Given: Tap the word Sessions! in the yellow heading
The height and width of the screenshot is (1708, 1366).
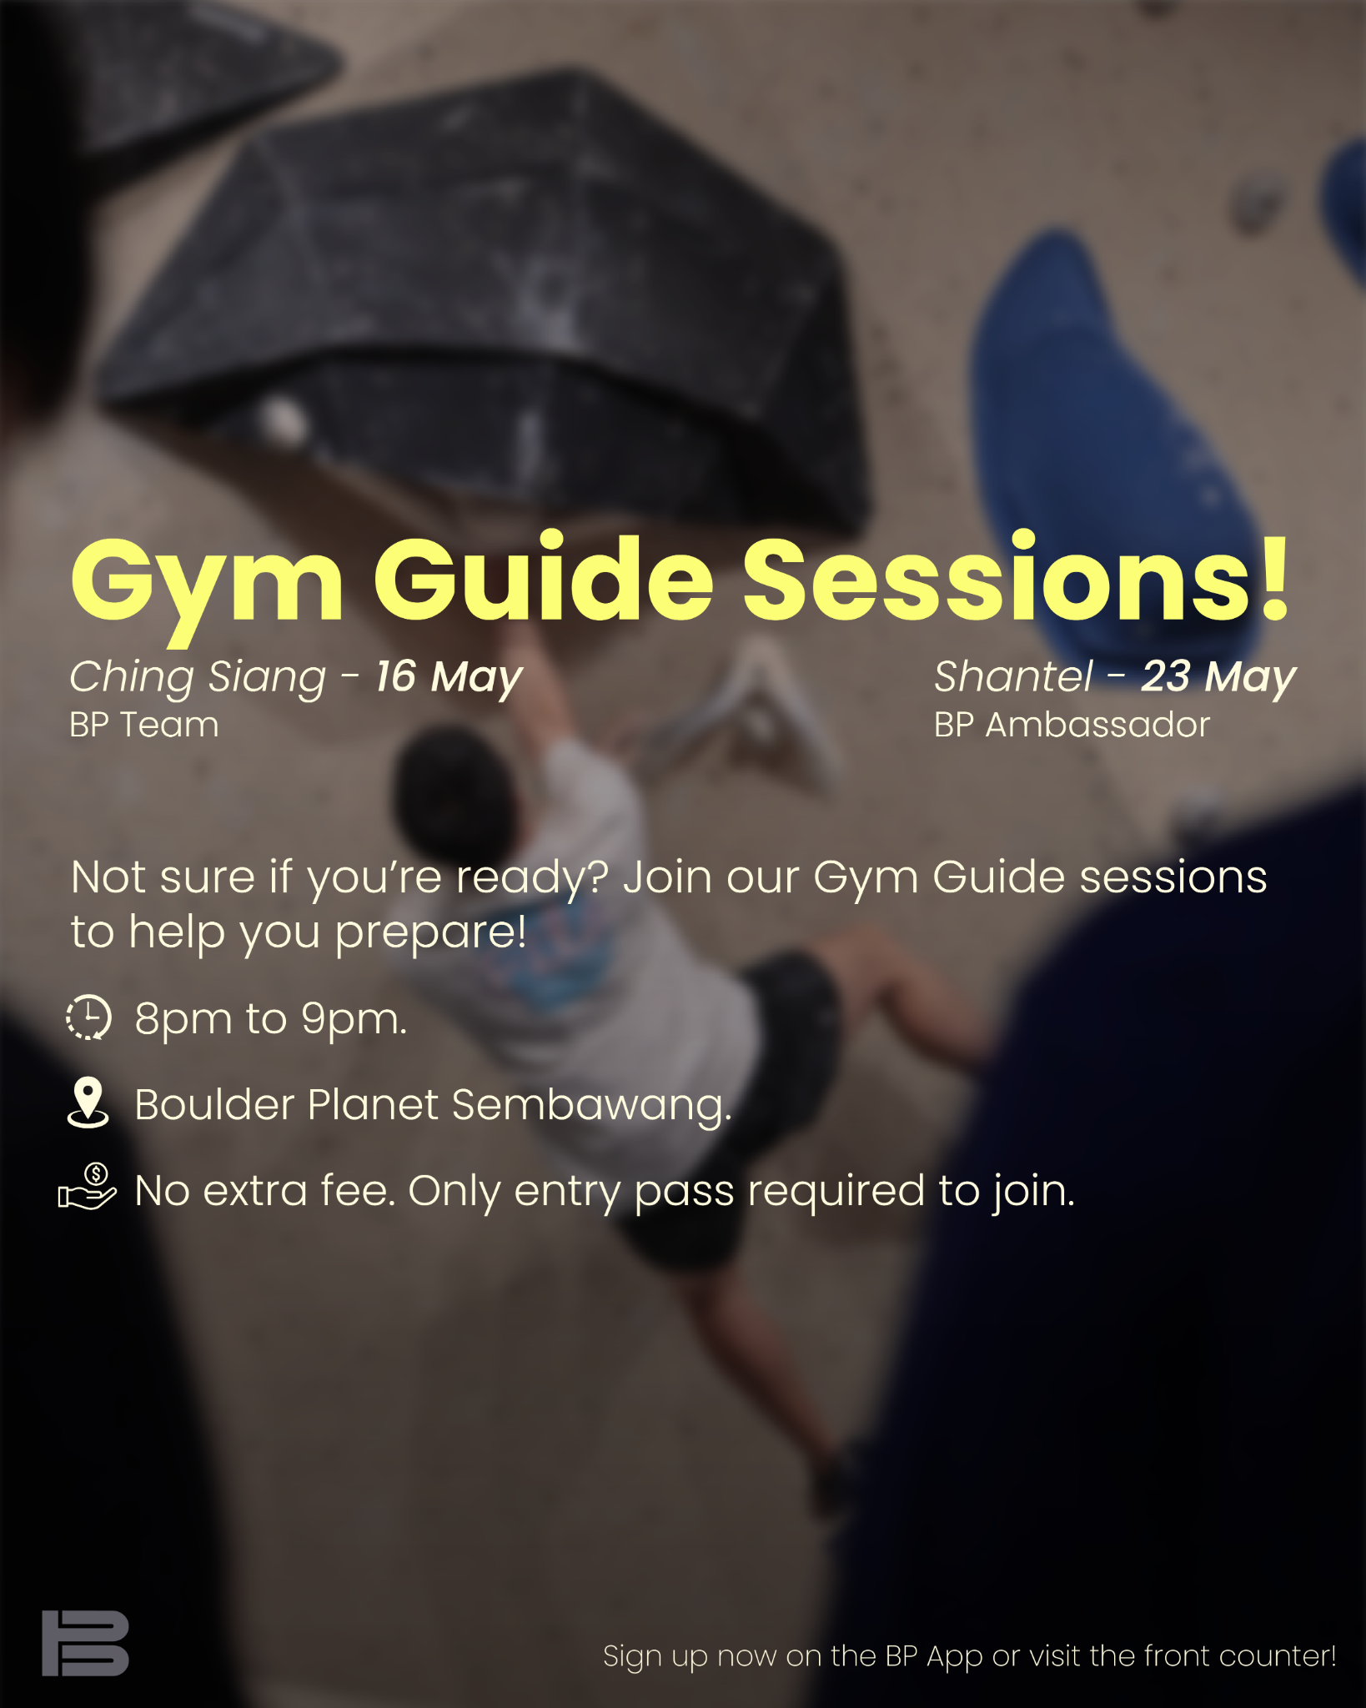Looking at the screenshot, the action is tap(1017, 576).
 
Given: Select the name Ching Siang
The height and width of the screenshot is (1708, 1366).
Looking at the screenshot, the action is tap(198, 678).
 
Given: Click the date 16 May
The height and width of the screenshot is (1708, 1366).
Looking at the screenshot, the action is tap(449, 677).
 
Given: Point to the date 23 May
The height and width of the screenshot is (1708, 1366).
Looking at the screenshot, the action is tap(1218, 677).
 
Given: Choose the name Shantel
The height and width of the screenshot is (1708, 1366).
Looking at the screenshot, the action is tap(1013, 676).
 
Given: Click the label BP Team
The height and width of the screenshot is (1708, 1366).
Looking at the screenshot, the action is tap(144, 725).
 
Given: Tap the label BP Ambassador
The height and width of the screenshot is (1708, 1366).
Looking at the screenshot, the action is tap(1072, 725).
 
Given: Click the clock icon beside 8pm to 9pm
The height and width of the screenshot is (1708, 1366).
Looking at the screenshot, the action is tap(88, 1017).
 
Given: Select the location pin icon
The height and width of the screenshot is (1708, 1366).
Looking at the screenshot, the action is tap(88, 1103).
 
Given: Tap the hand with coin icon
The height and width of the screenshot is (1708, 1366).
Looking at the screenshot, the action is tap(87, 1188).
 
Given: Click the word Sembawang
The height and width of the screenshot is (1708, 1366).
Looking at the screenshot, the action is tap(592, 1106).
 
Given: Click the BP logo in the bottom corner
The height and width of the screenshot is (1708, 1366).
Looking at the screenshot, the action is tap(85, 1643).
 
